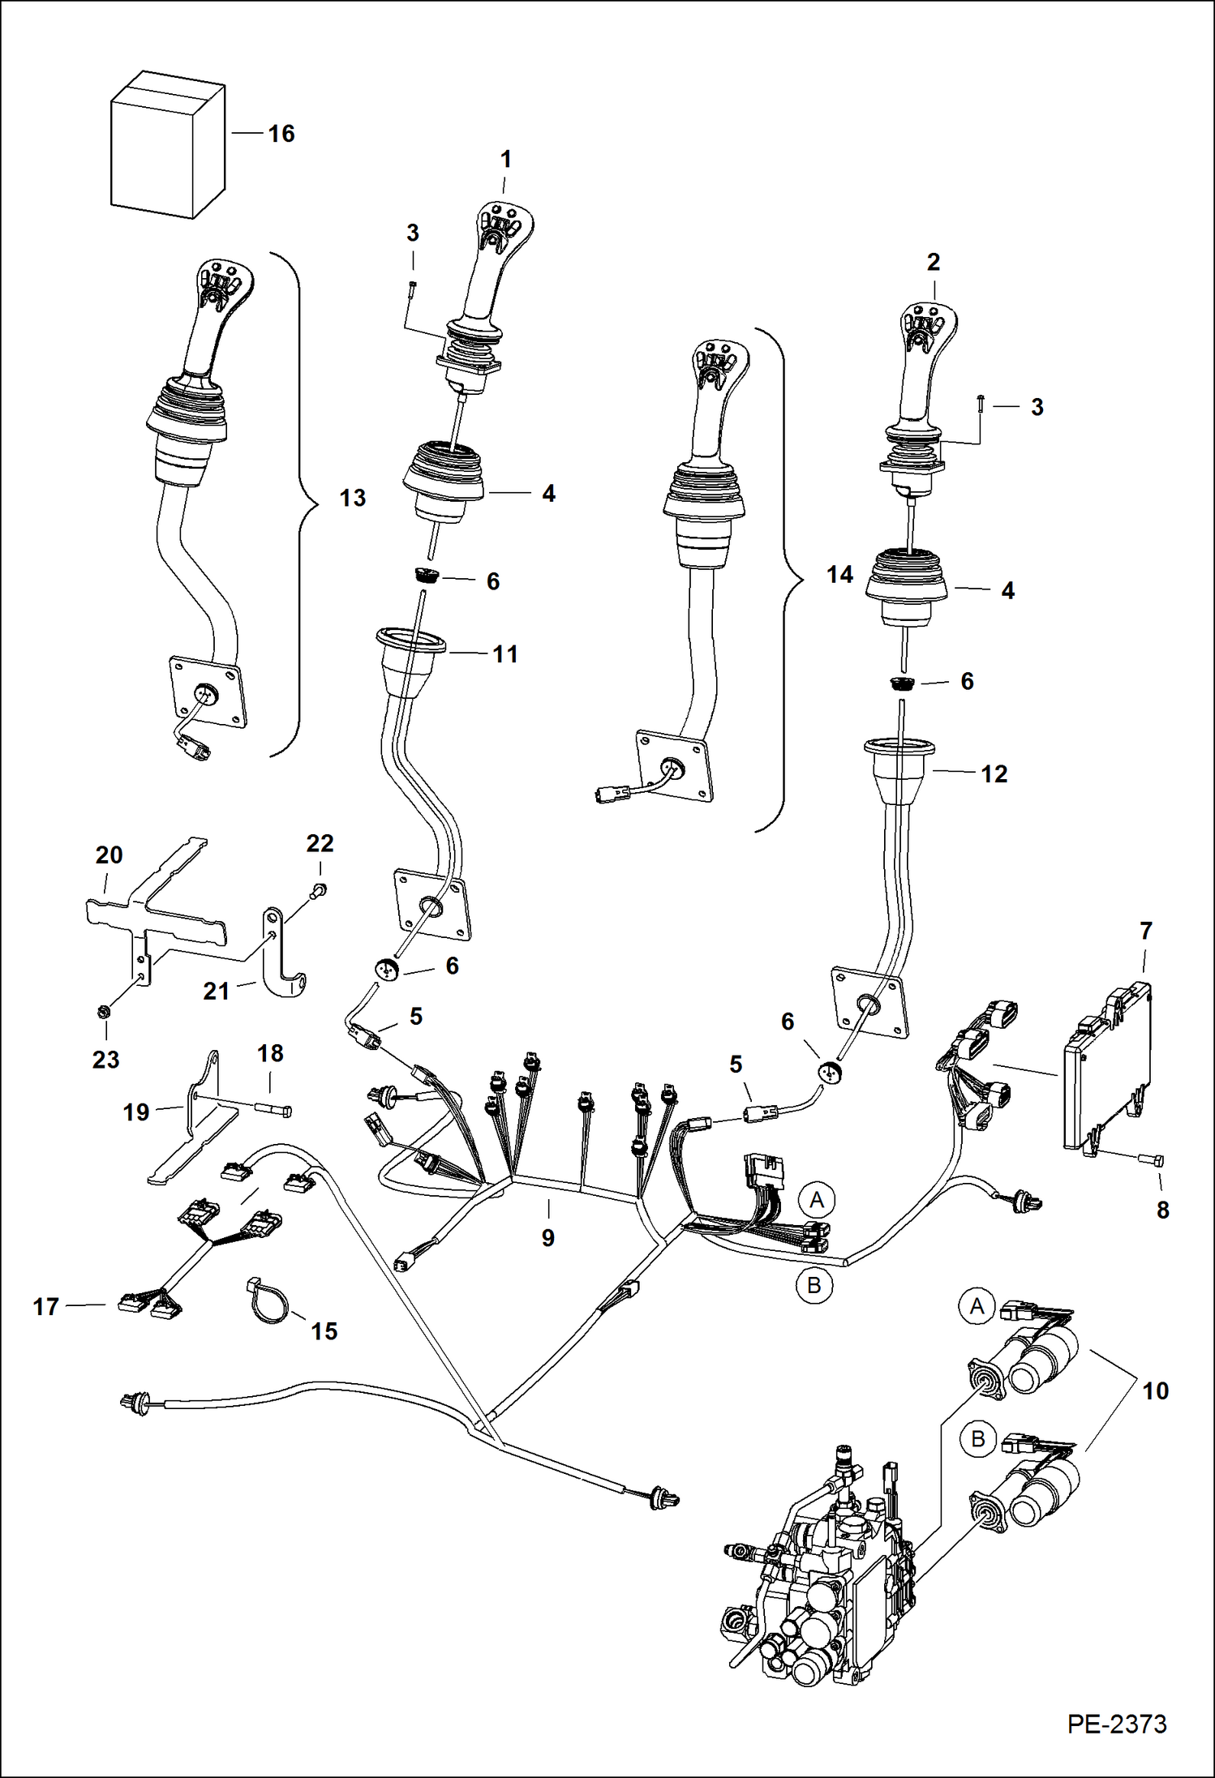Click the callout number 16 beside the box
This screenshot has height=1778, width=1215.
(x=281, y=134)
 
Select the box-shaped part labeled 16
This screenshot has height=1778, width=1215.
(x=167, y=147)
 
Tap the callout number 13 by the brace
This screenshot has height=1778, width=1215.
(x=352, y=498)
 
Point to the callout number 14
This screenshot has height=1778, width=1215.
(x=839, y=575)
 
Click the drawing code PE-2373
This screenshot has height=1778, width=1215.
(x=1116, y=1723)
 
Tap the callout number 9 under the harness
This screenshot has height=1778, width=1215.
(x=548, y=1238)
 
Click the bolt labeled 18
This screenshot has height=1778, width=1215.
(x=274, y=1110)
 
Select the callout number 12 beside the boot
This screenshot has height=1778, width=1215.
(x=994, y=774)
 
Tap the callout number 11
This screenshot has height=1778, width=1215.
(x=504, y=654)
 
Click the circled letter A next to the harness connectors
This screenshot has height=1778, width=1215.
(x=816, y=1200)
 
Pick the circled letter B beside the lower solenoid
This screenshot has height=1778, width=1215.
(x=977, y=1438)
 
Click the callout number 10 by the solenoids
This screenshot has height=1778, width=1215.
(x=1155, y=1391)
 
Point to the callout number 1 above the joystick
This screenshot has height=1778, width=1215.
(x=505, y=160)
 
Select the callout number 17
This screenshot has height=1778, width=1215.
(x=45, y=1307)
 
